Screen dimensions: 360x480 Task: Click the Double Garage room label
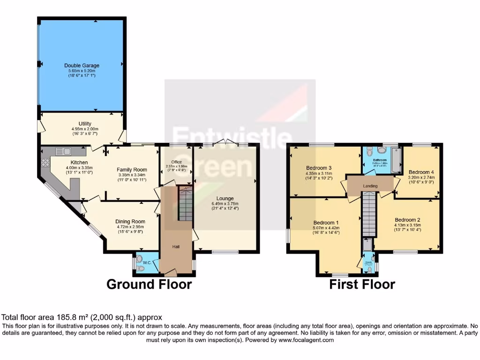[x=82, y=66]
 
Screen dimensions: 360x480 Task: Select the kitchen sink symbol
[x=62, y=151]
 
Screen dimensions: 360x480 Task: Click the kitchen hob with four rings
[x=46, y=163]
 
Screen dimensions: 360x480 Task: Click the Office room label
[x=176, y=162]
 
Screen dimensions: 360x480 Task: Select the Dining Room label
[x=131, y=222]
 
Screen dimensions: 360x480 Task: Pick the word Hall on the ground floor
[x=175, y=247]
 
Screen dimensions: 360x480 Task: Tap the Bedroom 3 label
[x=319, y=168]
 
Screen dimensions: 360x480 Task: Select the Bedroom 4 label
[x=421, y=172]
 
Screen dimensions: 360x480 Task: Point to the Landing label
[x=370, y=186]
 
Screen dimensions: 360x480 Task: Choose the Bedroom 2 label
[x=407, y=220]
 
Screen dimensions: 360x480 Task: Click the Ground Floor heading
[x=149, y=284]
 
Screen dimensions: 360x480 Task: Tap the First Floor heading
[x=362, y=284]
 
